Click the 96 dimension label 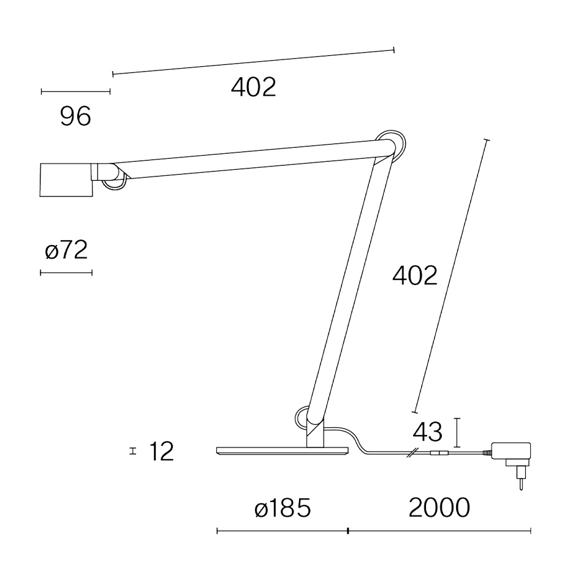[75, 116]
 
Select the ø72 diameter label [66, 250]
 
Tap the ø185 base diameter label [283, 507]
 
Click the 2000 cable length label [439, 507]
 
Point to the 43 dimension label [428, 432]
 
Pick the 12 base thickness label [162, 452]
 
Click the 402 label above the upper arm [253, 88]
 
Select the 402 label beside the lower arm [415, 276]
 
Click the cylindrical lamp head [66, 180]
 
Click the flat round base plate [282, 452]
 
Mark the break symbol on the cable [414, 454]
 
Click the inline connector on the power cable [438, 454]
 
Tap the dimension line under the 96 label [75, 92]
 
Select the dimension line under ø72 [66, 272]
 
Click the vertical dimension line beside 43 [457, 433]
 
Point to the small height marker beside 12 [132, 452]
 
